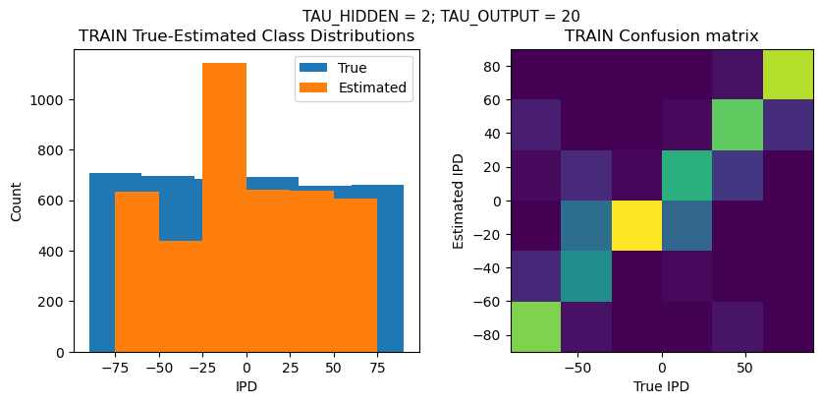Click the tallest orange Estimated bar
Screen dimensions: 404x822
[x=224, y=206]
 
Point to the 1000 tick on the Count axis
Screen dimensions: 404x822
[x=52, y=100]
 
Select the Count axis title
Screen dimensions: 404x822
[x=17, y=201]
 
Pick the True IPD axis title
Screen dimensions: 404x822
[x=661, y=386]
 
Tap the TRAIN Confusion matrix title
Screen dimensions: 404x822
[x=661, y=36]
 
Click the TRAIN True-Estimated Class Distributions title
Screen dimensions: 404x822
[x=247, y=36]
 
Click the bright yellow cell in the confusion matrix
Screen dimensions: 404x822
[x=636, y=225]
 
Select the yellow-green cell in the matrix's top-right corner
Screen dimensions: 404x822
[x=788, y=74]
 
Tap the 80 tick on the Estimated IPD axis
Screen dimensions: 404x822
[x=494, y=67]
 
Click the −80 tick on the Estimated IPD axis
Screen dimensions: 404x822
[x=491, y=335]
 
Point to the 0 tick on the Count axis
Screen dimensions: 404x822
[x=62, y=352]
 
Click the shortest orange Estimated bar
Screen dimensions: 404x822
[x=180, y=296]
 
